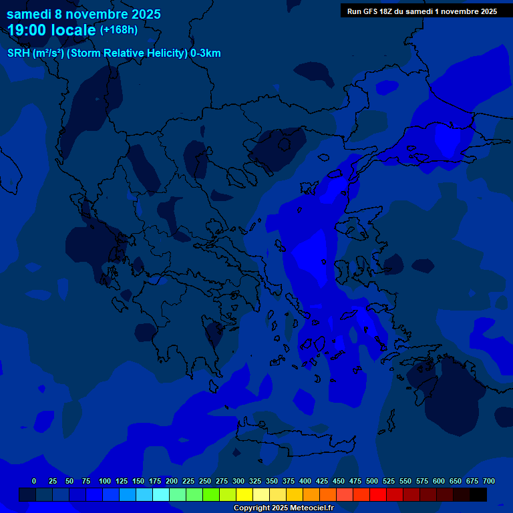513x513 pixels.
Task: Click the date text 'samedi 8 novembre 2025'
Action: [x=83, y=14]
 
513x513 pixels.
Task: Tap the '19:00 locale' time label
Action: [x=51, y=30]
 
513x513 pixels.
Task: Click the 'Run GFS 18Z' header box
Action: [x=421, y=11]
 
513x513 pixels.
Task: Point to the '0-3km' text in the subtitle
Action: [x=206, y=53]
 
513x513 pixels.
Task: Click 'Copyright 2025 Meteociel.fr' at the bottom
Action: [x=283, y=508]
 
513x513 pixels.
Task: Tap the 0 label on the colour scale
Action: [x=34, y=481]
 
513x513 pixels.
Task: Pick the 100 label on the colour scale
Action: [x=105, y=481]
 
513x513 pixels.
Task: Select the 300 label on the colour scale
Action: [x=238, y=481]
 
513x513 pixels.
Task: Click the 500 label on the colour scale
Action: [x=372, y=481]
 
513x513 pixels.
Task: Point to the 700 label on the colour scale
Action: [x=488, y=481]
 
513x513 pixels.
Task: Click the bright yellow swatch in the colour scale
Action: [x=244, y=495]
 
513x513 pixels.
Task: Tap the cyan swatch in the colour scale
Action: [x=161, y=495]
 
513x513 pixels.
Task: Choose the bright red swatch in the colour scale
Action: [x=378, y=495]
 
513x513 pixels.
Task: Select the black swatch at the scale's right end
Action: [x=478, y=495]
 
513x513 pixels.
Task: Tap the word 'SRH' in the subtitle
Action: [x=18, y=53]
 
